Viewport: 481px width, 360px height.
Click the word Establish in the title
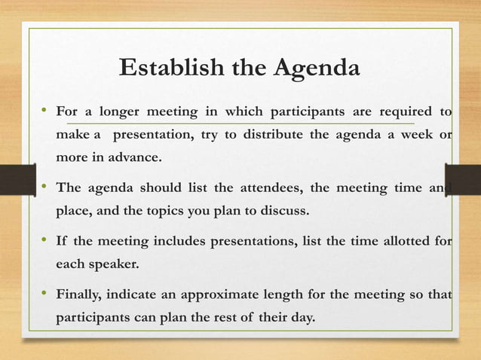(163, 69)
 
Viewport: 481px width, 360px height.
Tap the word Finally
(80, 293)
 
